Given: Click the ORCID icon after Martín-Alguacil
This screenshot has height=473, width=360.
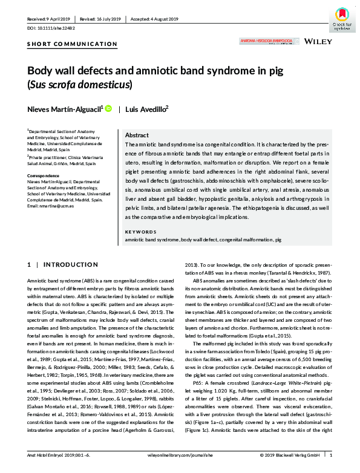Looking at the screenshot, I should pyautogui.click(x=109, y=109).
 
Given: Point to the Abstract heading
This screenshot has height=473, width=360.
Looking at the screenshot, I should pyautogui.click(x=137, y=136).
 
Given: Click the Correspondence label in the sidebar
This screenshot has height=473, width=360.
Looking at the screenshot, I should pyautogui.click(x=46, y=176).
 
